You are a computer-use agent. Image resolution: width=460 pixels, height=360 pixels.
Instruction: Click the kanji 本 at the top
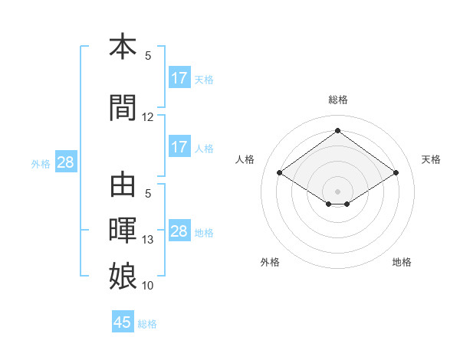[123, 46]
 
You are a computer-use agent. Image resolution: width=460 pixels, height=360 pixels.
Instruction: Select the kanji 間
[123, 107]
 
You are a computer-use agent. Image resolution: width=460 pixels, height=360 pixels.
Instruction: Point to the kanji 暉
[123, 230]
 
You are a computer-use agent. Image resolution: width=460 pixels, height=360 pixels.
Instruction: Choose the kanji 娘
[123, 276]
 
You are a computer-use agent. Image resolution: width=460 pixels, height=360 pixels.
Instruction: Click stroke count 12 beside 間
[147, 117]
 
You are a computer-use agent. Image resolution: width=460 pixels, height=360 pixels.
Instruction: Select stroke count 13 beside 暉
[147, 240]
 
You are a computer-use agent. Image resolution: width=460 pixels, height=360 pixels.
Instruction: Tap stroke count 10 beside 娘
[147, 286]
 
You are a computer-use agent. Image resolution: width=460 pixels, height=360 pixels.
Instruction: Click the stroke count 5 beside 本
[148, 56]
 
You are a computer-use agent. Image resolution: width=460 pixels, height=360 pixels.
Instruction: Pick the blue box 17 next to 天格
[179, 77]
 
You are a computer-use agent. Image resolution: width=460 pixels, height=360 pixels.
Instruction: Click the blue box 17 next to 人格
[179, 146]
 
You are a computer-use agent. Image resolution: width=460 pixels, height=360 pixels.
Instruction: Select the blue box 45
[123, 321]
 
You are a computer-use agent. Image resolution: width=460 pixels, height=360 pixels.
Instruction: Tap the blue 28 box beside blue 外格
[66, 162]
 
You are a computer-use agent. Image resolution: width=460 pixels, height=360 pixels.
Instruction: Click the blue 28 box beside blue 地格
[179, 230]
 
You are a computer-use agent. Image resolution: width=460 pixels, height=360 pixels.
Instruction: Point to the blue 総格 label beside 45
[147, 324]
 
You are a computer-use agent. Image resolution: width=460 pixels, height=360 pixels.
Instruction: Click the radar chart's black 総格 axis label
[338, 100]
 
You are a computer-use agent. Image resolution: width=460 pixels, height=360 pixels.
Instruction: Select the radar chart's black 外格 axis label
[270, 262]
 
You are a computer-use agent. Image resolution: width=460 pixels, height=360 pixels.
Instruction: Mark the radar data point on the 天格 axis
[396, 172]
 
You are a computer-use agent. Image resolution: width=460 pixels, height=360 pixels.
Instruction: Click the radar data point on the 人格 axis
[280, 172]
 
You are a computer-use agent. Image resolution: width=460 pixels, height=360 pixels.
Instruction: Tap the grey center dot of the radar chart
[337, 191]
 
